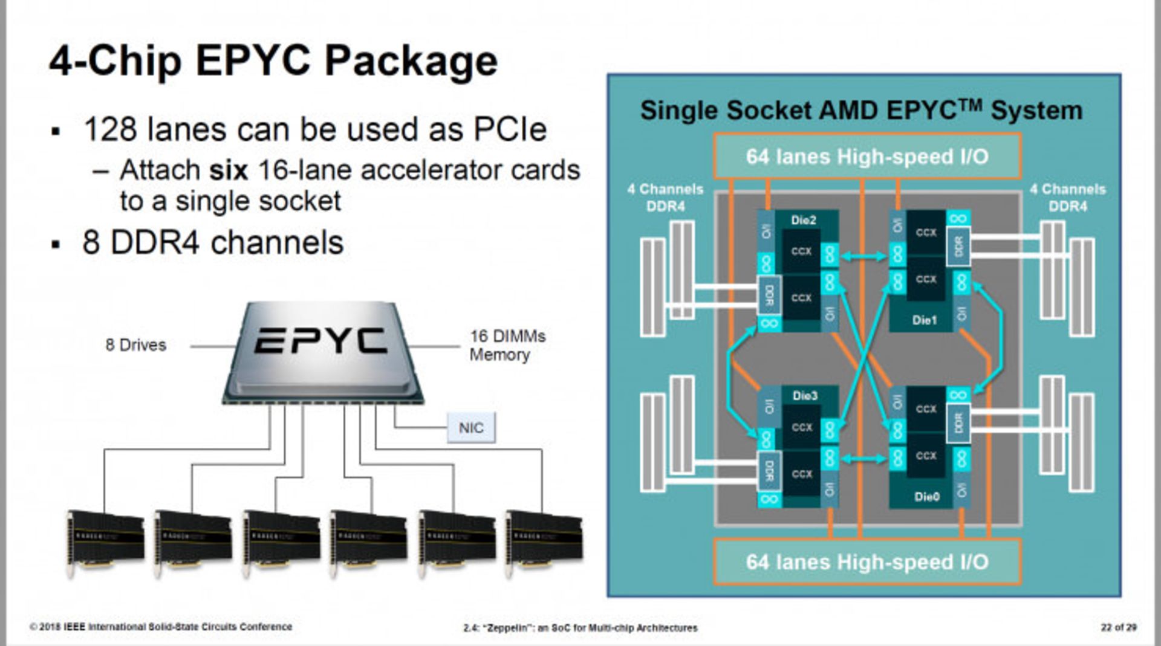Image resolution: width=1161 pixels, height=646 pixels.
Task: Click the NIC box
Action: pyautogui.click(x=471, y=428)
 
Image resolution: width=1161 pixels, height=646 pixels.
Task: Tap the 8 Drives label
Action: pyautogui.click(x=135, y=345)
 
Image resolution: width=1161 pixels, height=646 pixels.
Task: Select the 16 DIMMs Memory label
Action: pyautogui.click(x=507, y=345)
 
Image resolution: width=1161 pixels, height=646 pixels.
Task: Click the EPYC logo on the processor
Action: pyautogui.click(x=320, y=341)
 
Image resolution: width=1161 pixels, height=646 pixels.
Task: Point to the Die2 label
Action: pyautogui.click(x=804, y=221)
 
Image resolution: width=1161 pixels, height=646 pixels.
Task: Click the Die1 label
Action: pyautogui.click(x=925, y=320)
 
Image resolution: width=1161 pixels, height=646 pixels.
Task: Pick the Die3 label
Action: pyautogui.click(x=805, y=396)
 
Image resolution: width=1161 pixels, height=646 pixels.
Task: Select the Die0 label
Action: pyautogui.click(x=927, y=497)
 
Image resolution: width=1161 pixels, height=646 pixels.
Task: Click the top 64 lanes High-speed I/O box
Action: pyautogui.click(x=867, y=157)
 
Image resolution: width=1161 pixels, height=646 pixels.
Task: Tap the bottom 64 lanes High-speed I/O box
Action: pyautogui.click(x=867, y=562)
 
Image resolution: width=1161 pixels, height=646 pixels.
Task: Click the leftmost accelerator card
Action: pyautogui.click(x=105, y=541)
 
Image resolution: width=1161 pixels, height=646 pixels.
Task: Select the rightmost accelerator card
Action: pyautogui.click(x=544, y=541)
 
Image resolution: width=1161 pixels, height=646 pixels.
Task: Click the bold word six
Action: pyautogui.click(x=229, y=170)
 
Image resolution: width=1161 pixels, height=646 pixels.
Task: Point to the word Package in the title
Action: pyautogui.click(x=411, y=61)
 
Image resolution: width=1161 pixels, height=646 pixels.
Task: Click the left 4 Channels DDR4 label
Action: pyautogui.click(x=665, y=198)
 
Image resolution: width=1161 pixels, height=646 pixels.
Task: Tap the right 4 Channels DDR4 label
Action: pyautogui.click(x=1068, y=198)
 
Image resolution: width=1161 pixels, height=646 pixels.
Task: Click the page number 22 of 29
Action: pyautogui.click(x=1118, y=627)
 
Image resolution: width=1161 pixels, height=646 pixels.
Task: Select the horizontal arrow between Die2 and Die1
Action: pyautogui.click(x=863, y=256)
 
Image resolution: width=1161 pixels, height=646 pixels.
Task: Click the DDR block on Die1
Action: pyautogui.click(x=958, y=246)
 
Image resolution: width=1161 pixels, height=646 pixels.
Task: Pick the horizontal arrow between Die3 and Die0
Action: pyautogui.click(x=863, y=459)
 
